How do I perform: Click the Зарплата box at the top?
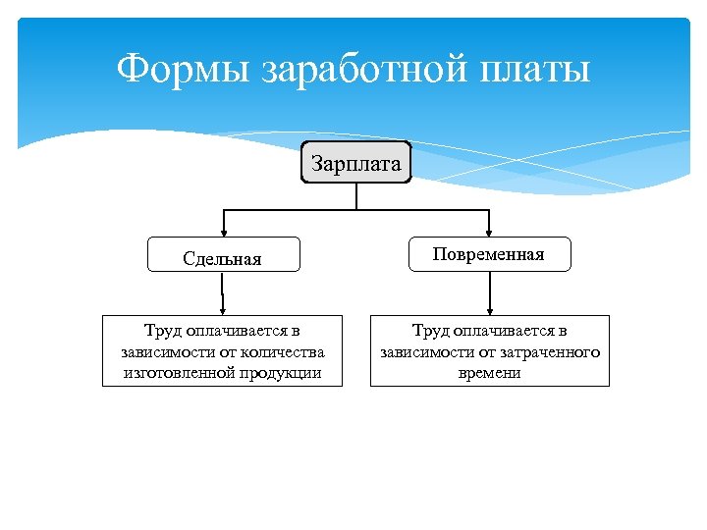(355, 164)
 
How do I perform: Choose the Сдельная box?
(222, 258)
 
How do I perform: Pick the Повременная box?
(488, 254)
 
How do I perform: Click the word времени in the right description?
(489, 372)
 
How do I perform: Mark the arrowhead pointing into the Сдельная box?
(224, 232)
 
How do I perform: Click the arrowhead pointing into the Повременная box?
(489, 232)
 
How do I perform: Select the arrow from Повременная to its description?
(489, 292)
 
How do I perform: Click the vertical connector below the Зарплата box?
(356, 196)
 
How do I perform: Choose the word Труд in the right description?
(430, 331)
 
